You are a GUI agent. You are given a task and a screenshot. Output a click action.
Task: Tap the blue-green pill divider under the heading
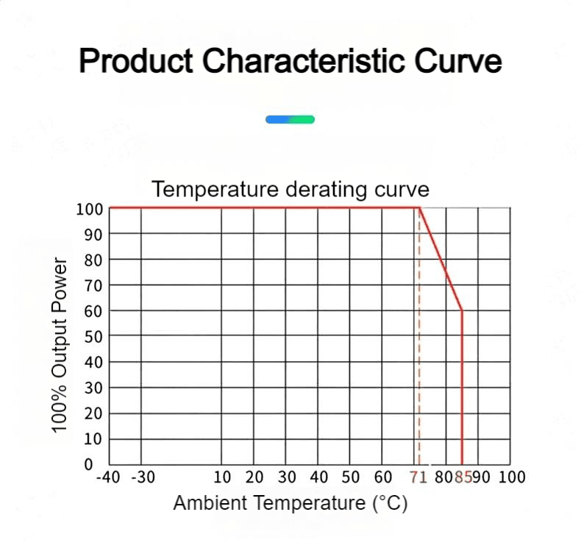(290, 119)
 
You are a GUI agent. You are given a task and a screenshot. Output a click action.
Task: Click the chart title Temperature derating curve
(290, 189)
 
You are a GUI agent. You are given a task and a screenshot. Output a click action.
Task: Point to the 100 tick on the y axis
(89, 210)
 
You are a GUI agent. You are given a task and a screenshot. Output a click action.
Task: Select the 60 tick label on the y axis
(93, 312)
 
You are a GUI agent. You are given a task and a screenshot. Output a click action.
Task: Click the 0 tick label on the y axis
(88, 464)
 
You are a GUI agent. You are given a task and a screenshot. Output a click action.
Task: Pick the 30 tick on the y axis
(93, 388)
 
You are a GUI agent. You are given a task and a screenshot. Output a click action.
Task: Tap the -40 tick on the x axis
(108, 477)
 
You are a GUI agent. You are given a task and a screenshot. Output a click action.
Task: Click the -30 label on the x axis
(143, 477)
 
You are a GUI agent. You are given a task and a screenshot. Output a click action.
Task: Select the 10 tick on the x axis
(222, 477)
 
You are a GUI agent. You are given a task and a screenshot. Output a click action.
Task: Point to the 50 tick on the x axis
(350, 477)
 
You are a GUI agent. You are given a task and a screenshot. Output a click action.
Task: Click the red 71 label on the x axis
(418, 477)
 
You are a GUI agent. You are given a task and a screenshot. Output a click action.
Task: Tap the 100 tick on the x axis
(512, 477)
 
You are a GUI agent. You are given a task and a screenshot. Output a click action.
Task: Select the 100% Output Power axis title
(60, 344)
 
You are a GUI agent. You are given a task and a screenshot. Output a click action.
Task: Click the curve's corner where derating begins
(419, 207)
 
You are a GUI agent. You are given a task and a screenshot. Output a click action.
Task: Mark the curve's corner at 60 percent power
(462, 310)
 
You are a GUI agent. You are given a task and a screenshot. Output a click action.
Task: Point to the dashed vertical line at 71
(419, 336)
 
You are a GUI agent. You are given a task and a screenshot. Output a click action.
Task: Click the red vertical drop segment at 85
(462, 387)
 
